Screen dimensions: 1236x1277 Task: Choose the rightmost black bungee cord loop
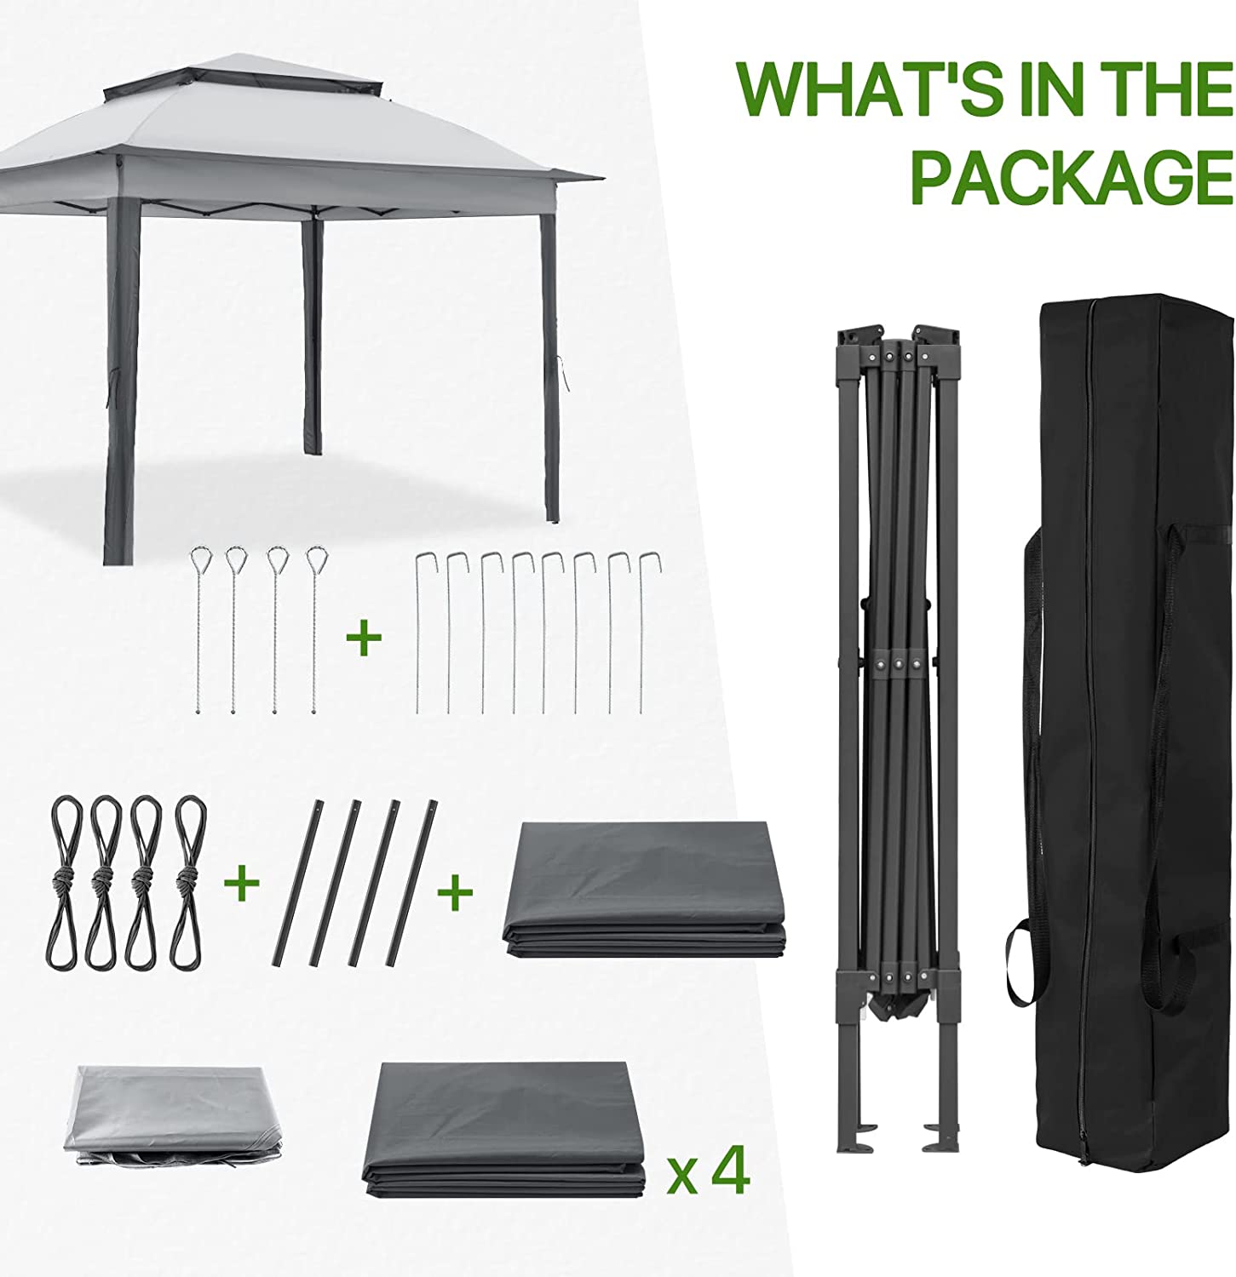click(192, 881)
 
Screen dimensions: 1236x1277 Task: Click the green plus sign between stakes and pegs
click(364, 638)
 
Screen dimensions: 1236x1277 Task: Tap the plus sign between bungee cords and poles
click(241, 884)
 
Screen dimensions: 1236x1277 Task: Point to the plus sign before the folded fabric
click(456, 890)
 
